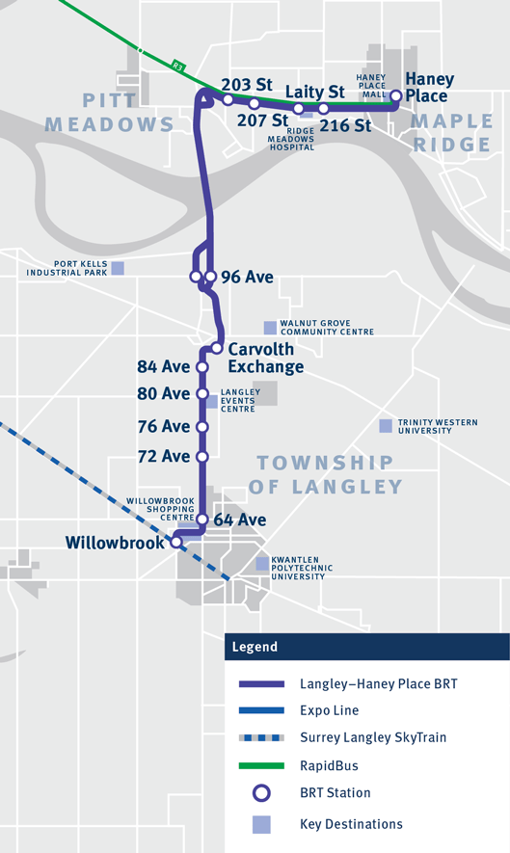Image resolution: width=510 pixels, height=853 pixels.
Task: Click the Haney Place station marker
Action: [395, 95]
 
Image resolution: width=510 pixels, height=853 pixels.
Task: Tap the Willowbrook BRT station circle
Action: [176, 543]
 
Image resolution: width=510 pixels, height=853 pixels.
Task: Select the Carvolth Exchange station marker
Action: [218, 348]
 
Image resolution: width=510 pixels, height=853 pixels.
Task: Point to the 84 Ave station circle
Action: [202, 367]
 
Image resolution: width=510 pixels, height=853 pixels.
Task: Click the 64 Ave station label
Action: [239, 520]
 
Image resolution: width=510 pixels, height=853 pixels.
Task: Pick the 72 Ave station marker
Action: [202, 457]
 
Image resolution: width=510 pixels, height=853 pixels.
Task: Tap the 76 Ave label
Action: [164, 426]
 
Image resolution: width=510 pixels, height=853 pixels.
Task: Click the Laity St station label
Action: [315, 92]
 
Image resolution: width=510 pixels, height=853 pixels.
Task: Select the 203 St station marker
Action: [228, 99]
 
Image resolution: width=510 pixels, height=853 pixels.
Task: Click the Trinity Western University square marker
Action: [386, 425]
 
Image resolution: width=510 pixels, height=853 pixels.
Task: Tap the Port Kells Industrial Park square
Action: [118, 268]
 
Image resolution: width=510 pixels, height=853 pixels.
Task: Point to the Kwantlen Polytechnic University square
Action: [262, 563]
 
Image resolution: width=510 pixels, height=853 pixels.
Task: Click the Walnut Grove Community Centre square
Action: [269, 327]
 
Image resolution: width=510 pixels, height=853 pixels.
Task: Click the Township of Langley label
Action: [325, 474]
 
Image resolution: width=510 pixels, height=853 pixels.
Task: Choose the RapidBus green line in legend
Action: [261, 765]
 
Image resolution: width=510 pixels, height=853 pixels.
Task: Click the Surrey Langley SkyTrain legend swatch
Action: [261, 738]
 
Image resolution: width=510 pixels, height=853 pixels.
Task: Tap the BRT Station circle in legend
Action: [261, 793]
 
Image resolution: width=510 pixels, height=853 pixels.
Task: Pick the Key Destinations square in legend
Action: [261, 824]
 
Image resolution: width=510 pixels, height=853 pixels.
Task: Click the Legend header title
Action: [254, 647]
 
